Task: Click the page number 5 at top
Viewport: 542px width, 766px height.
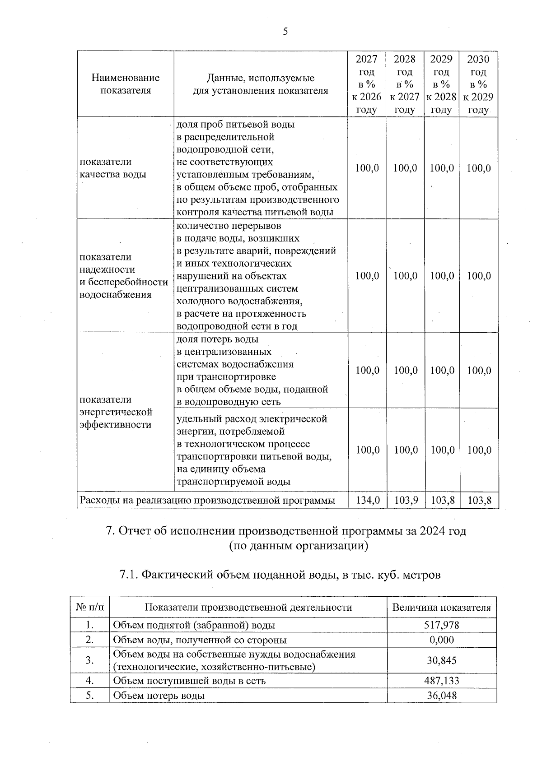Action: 285,32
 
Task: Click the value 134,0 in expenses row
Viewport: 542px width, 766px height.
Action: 368,500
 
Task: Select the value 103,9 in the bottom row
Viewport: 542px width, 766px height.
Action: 405,500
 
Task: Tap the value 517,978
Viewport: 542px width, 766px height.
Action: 442,625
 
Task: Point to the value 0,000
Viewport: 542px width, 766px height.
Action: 442,640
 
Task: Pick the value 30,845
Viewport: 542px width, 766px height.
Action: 442,660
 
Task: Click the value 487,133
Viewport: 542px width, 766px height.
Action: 442,681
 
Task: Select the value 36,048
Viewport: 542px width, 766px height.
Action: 442,695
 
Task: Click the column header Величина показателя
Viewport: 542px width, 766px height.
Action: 441,608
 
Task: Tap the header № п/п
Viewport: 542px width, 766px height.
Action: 90,608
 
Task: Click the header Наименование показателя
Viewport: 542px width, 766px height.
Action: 126,84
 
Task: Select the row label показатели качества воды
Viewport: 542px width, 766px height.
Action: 112,168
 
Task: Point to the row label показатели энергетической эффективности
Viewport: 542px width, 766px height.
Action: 116,412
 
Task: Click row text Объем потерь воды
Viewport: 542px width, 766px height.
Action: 159,695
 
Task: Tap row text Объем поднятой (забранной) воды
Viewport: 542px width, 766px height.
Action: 194,625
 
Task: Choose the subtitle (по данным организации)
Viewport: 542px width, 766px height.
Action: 299,546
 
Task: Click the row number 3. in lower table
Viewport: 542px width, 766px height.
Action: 90,660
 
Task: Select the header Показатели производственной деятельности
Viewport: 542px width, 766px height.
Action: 248,608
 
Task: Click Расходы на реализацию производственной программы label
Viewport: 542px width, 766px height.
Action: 207,500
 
